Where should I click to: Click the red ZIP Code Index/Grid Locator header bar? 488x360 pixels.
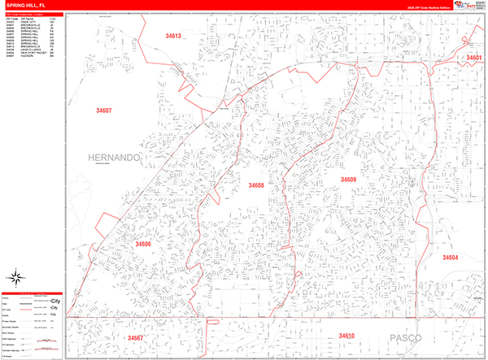tap(33, 13)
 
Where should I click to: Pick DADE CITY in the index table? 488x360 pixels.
tap(28, 20)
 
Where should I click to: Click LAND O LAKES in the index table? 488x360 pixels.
tap(29, 50)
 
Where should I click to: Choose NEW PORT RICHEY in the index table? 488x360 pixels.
tap(32, 53)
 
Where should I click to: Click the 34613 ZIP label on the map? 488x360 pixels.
tap(172, 37)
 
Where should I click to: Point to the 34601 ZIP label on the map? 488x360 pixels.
tap(473, 58)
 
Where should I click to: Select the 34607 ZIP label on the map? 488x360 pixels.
tap(103, 111)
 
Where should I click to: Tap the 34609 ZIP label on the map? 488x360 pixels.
tap(348, 180)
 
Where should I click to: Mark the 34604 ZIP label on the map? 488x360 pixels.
tap(451, 257)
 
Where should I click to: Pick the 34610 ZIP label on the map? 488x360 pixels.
tap(347, 336)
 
